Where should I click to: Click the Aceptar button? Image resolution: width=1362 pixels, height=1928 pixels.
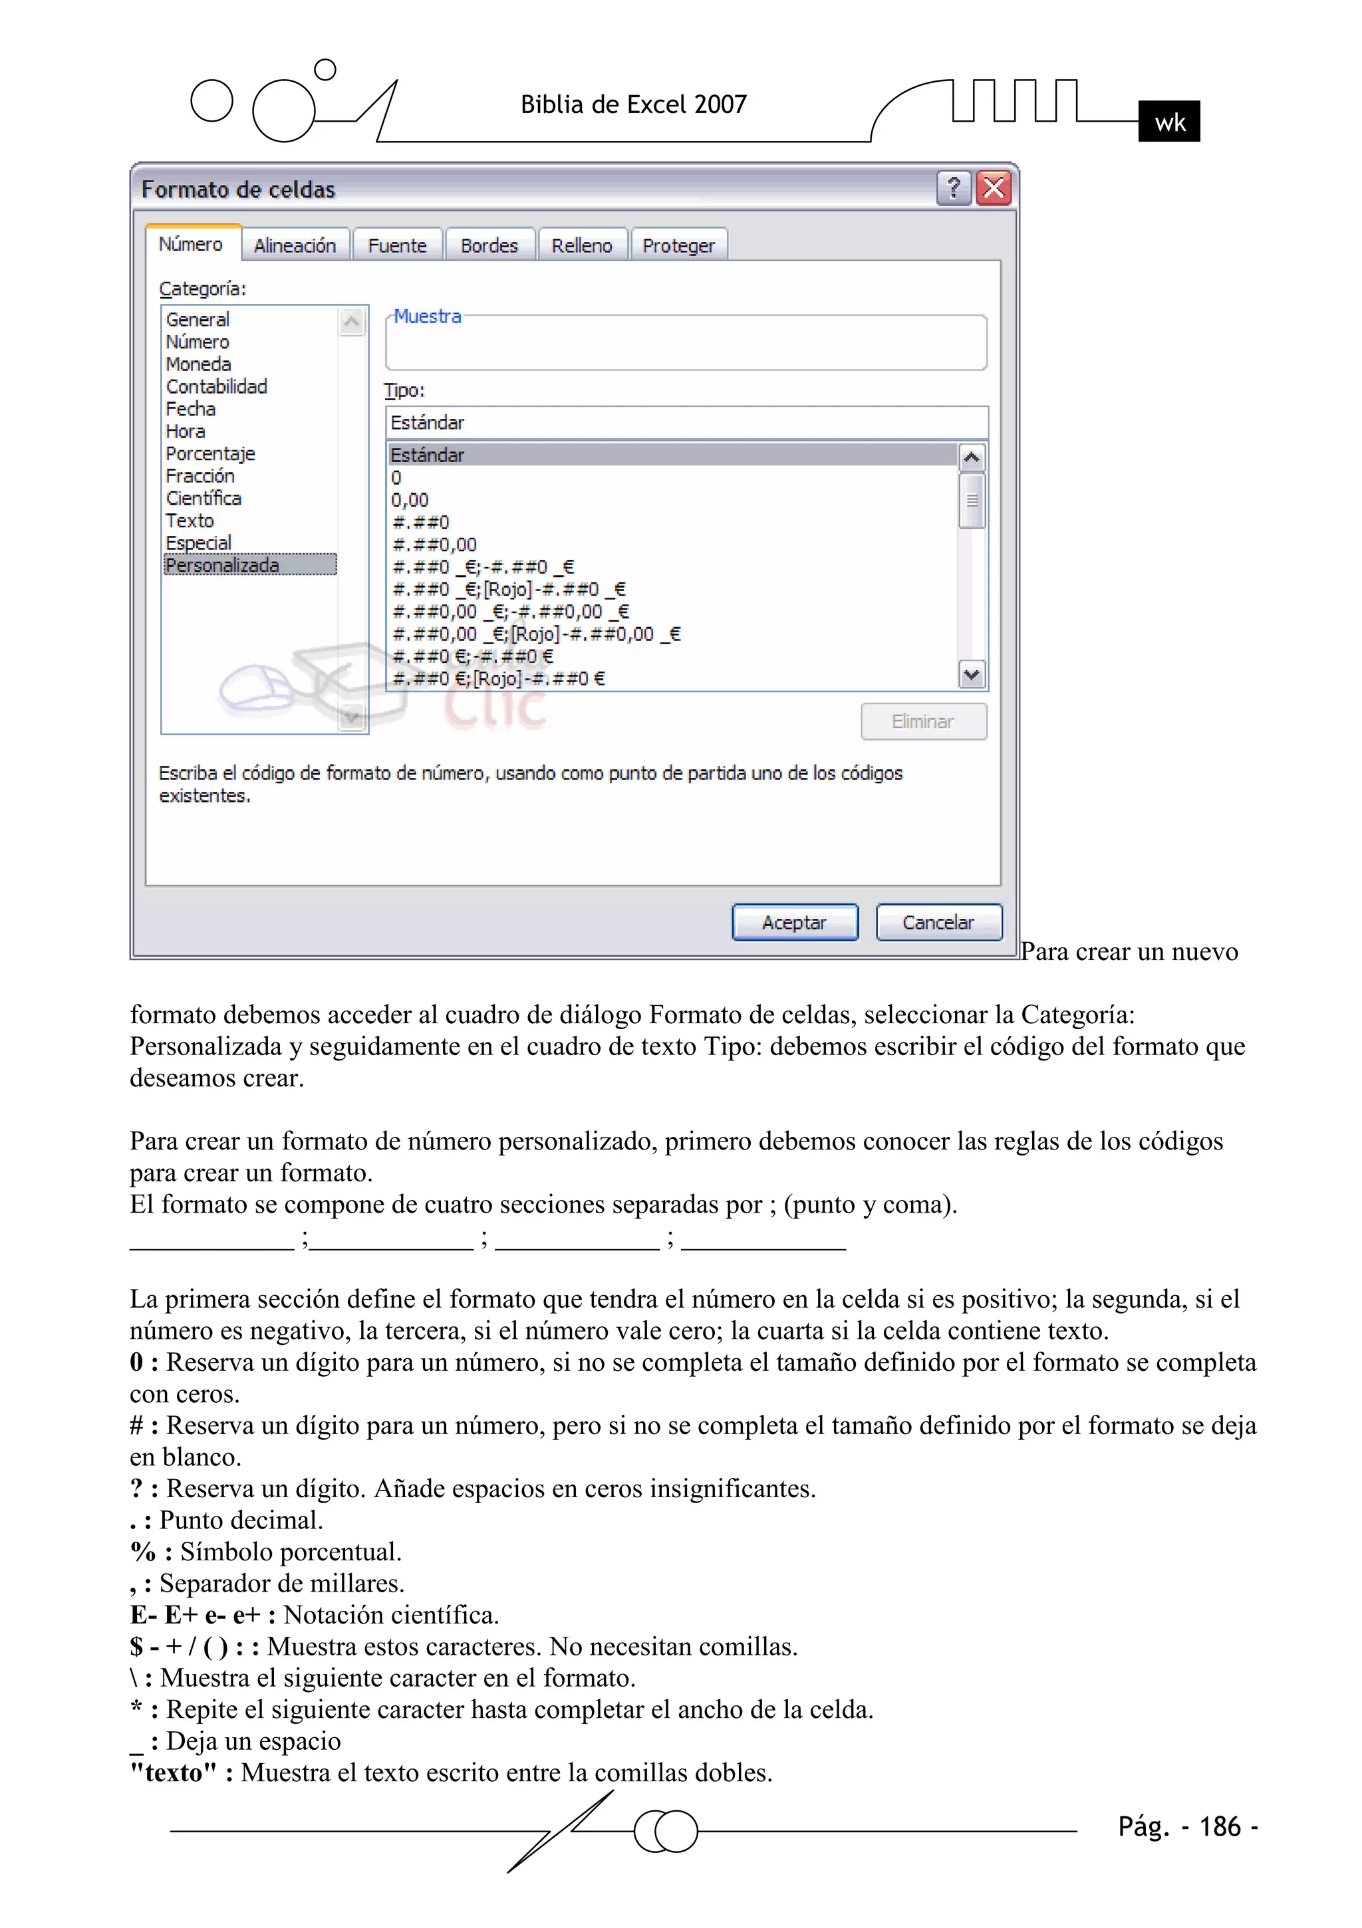tap(794, 922)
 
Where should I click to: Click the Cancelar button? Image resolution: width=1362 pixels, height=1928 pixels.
tap(938, 922)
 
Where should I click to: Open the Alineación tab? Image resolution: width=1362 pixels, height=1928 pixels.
tap(295, 245)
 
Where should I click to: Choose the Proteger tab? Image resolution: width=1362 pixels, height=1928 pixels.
tap(678, 245)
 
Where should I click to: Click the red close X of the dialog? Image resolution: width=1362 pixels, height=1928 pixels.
tap(994, 188)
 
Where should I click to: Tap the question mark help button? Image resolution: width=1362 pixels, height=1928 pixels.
tap(954, 188)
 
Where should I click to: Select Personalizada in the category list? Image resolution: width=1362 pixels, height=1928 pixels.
tap(223, 565)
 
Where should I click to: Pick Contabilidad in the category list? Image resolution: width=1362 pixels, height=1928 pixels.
tap(216, 386)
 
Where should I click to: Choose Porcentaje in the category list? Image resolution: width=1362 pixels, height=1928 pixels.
tap(210, 453)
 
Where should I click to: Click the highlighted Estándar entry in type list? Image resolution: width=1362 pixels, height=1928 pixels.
tap(427, 455)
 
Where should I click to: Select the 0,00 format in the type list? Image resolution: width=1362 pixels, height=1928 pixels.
tap(410, 500)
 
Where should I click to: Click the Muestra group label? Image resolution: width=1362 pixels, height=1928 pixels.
tap(428, 316)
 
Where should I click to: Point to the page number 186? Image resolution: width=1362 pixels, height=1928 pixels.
tap(1219, 1826)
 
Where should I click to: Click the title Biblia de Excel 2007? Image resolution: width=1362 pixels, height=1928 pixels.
tap(634, 104)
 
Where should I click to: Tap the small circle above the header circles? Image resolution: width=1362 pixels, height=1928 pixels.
tap(325, 70)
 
